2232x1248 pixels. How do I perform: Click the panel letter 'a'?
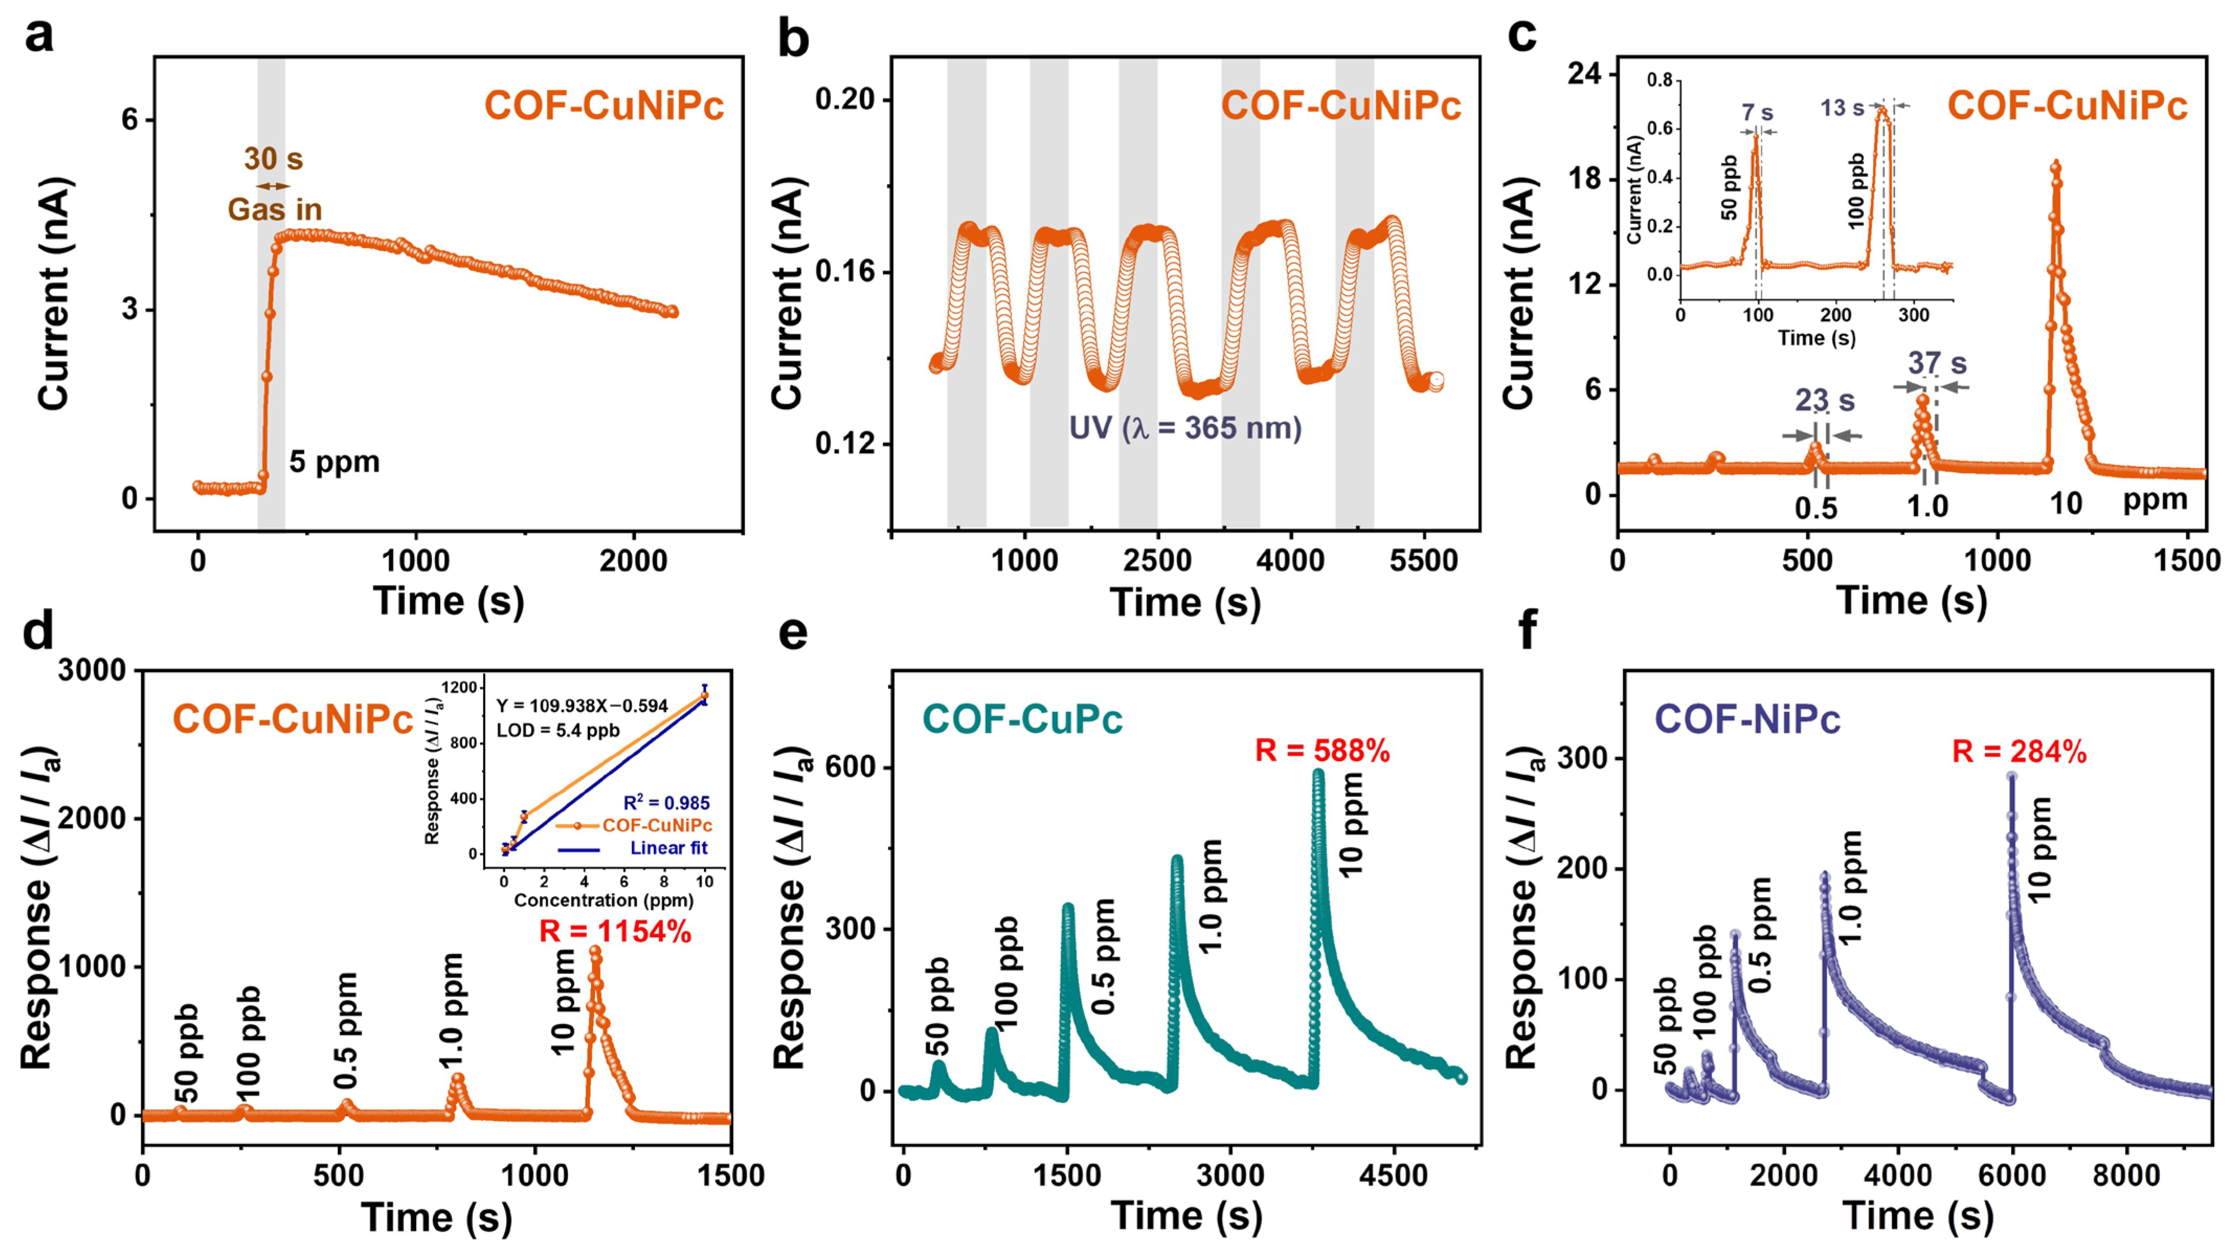pyautogui.click(x=39, y=37)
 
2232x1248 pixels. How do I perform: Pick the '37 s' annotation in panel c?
pyautogui.click(x=1937, y=362)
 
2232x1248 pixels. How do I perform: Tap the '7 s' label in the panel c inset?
pyautogui.click(x=1757, y=113)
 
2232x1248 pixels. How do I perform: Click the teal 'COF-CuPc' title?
pyautogui.click(x=1022, y=719)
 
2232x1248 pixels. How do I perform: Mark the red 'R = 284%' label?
pyautogui.click(x=2019, y=752)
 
